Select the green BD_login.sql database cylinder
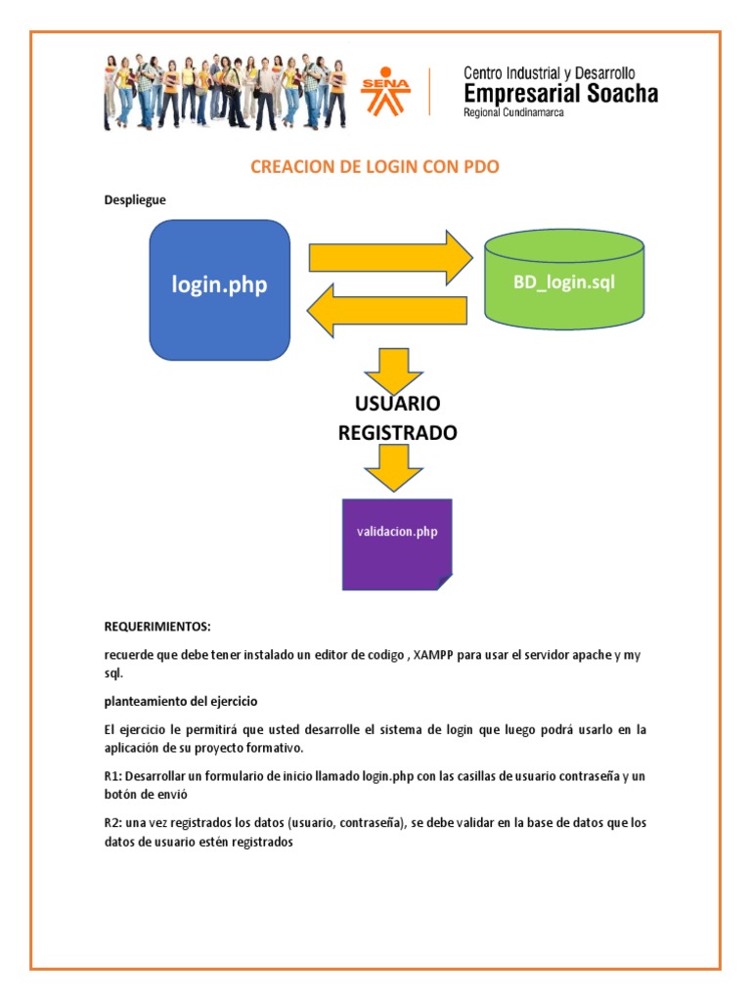click(564, 283)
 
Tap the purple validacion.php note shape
click(396, 544)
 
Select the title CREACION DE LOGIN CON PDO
click(375, 167)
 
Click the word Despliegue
click(135, 200)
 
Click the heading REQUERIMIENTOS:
click(157, 626)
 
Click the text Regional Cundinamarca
click(512, 113)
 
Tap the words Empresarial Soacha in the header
click(560, 94)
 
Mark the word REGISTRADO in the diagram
click(397, 432)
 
